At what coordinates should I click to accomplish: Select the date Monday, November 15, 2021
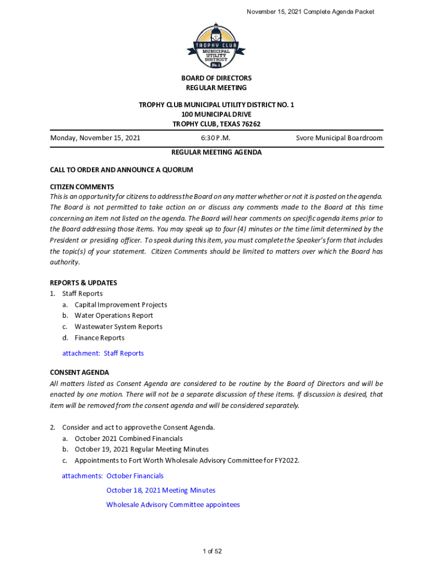pos(95,138)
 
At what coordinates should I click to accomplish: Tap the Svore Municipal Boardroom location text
pos(339,138)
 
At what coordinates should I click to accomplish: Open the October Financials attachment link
pos(135,476)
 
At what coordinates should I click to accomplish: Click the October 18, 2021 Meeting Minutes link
pos(161,490)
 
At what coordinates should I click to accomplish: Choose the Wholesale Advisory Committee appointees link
pos(173,504)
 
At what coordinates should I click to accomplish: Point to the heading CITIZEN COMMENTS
pos(82,187)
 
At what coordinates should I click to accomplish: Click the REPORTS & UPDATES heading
pos(83,283)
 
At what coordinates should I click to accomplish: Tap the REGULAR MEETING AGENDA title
pos(216,152)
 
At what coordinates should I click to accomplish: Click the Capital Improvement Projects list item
pos(121,305)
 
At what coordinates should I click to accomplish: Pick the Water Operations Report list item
pos(114,316)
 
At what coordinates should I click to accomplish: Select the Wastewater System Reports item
pos(118,327)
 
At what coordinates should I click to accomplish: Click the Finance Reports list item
pos(100,338)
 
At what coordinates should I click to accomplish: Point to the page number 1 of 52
pos(212,551)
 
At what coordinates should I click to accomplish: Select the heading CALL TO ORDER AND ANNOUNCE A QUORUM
pos(121,170)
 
